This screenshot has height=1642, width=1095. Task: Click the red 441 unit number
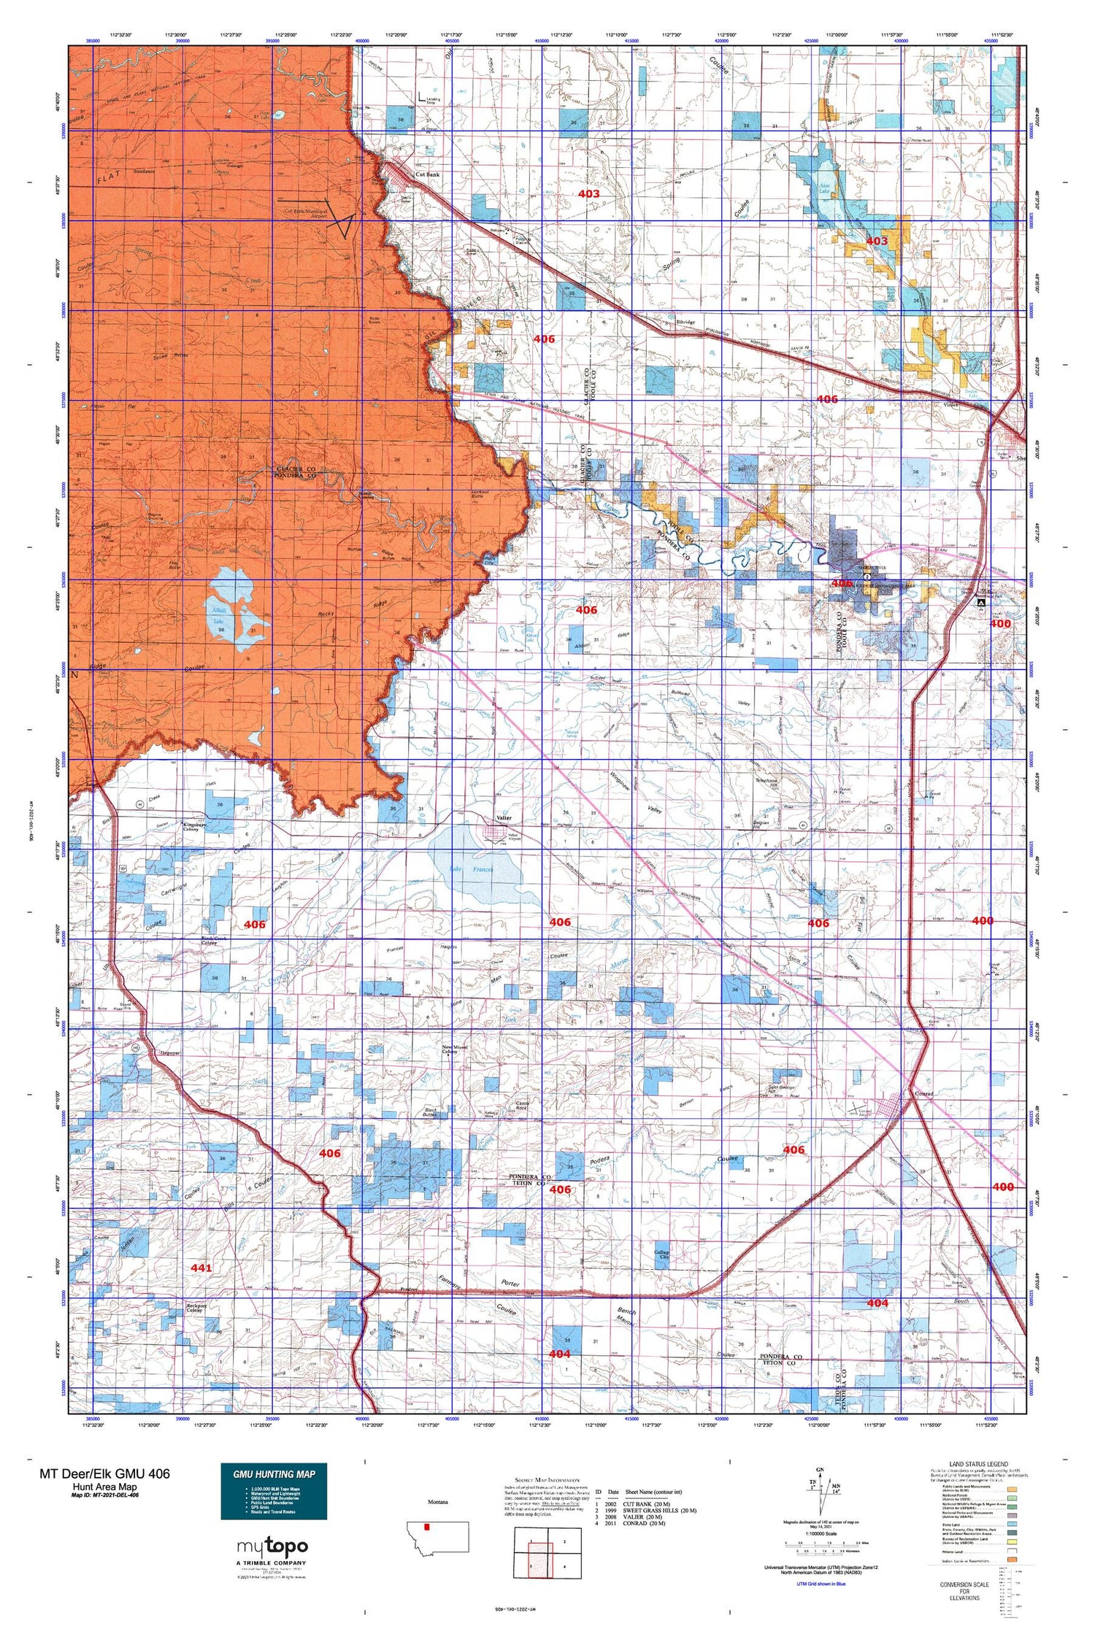(x=201, y=1268)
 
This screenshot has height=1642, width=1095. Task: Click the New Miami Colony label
(x=456, y=1050)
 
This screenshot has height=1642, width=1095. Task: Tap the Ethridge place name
(x=685, y=322)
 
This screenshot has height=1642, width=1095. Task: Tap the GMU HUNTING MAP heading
(x=274, y=1474)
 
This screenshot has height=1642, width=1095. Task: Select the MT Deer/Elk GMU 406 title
(x=105, y=1473)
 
